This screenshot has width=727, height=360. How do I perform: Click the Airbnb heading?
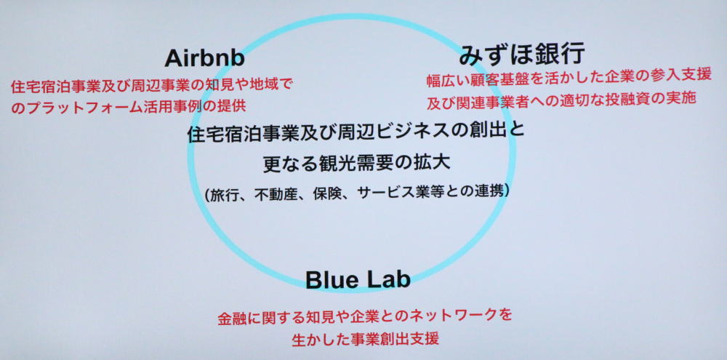[204, 58]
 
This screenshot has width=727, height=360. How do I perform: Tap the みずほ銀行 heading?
[522, 55]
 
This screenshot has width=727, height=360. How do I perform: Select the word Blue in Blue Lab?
[329, 280]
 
